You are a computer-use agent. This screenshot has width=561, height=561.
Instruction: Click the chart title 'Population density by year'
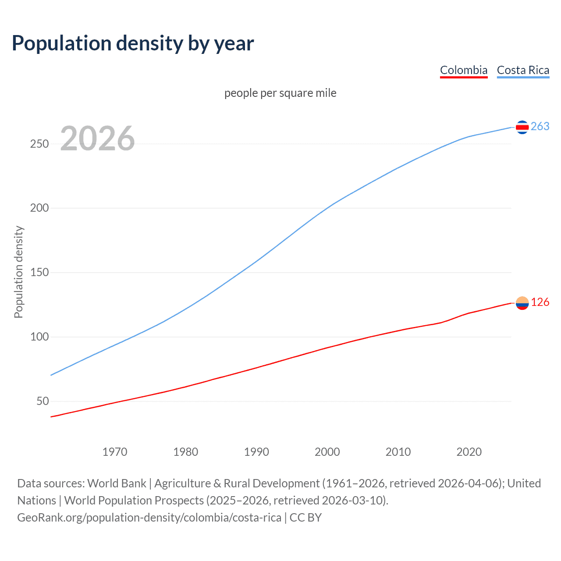point(133,43)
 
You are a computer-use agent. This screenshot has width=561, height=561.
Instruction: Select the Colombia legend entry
point(463,70)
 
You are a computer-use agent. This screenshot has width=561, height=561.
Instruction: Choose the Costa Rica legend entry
point(523,70)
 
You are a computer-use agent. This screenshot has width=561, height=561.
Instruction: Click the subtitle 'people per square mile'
point(280,93)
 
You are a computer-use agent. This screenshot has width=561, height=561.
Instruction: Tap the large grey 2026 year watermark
point(97,138)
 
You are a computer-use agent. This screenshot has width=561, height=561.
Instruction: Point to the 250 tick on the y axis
point(39,144)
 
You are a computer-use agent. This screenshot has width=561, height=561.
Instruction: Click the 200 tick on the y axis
point(39,208)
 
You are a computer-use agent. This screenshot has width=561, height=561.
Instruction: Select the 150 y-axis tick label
point(39,273)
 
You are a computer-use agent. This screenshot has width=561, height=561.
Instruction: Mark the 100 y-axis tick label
point(39,337)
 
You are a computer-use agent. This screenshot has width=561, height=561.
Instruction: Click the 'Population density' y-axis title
point(18,272)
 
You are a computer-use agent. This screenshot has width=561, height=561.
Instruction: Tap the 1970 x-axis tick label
point(115,452)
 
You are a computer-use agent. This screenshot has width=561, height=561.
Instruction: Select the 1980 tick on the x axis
point(186,452)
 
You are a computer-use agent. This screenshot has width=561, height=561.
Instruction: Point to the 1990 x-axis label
point(256,452)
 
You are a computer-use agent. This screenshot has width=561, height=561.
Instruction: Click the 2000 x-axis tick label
point(327,452)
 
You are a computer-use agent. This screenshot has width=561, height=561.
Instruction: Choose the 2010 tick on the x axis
point(398,452)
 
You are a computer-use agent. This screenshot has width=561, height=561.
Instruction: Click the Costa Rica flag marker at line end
point(522,127)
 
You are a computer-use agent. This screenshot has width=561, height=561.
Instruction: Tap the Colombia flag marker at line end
point(522,303)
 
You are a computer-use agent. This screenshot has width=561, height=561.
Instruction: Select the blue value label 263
point(540,127)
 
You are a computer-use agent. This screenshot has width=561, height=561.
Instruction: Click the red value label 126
point(540,302)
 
